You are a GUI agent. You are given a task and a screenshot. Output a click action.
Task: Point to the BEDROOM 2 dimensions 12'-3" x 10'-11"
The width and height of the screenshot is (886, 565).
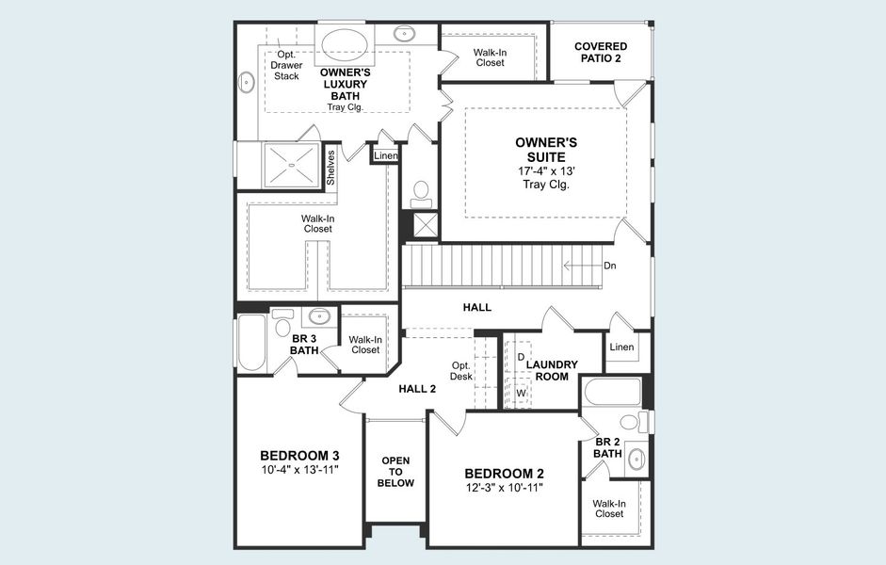(x=504, y=487)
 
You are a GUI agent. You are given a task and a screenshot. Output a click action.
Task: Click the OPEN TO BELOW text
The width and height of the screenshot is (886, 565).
(x=395, y=471)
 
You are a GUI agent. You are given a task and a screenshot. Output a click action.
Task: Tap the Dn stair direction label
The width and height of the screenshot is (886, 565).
(x=609, y=266)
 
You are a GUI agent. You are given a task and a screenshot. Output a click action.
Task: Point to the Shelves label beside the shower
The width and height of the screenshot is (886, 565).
(x=330, y=167)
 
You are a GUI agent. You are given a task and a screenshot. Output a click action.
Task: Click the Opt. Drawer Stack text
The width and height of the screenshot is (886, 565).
(x=286, y=65)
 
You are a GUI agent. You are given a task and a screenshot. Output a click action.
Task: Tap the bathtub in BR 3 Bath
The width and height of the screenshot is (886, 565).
(x=251, y=343)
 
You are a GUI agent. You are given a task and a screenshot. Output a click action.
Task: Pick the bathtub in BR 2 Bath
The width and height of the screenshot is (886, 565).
(x=612, y=392)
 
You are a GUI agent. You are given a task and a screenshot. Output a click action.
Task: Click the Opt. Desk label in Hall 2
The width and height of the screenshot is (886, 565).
(x=460, y=370)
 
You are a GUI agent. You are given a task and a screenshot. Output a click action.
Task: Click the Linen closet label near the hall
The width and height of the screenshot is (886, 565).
(x=621, y=347)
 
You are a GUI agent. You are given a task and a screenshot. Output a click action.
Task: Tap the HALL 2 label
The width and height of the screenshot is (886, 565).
(x=417, y=388)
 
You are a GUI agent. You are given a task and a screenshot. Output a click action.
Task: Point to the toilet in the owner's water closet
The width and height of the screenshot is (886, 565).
(x=421, y=192)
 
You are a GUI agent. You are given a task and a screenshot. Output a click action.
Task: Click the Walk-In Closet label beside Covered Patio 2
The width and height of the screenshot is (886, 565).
(x=489, y=57)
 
